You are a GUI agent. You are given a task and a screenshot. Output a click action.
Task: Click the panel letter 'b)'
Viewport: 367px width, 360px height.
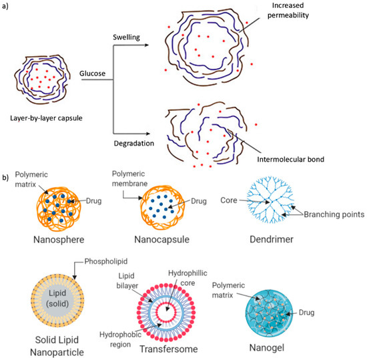[x=6, y=178]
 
